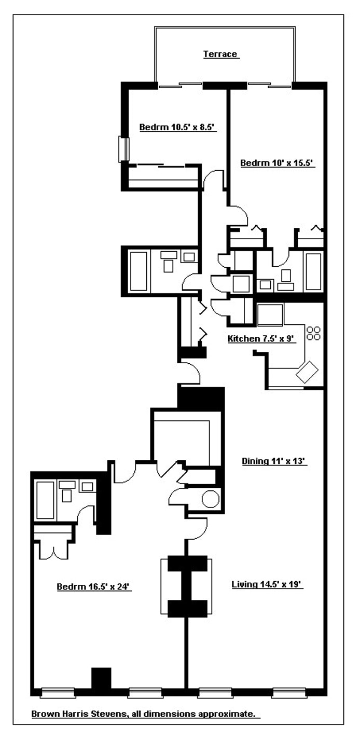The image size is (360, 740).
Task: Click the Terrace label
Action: click(x=220, y=54)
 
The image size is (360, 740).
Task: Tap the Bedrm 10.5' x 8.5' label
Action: click(x=177, y=127)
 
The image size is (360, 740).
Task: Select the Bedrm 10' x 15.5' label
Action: click(x=278, y=163)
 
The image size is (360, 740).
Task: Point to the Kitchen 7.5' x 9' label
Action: click(x=261, y=339)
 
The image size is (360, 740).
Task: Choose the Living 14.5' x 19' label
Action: click(x=267, y=585)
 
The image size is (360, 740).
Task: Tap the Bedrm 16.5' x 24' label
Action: click(x=92, y=587)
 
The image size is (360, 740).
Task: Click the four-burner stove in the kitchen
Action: click(x=313, y=333)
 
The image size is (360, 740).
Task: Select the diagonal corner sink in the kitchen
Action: click(x=307, y=372)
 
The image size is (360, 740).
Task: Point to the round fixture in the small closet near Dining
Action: click(x=210, y=499)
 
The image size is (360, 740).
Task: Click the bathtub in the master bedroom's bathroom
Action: click(x=46, y=500)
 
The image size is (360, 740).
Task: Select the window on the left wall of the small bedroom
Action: click(x=123, y=149)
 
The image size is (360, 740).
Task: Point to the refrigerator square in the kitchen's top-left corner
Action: click(x=270, y=315)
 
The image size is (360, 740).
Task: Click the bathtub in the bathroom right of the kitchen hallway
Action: click(x=313, y=271)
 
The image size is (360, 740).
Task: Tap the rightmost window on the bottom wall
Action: click(x=288, y=692)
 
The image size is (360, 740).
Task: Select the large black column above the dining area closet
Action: click(x=201, y=398)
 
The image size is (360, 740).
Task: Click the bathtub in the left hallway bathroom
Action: click(x=139, y=271)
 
